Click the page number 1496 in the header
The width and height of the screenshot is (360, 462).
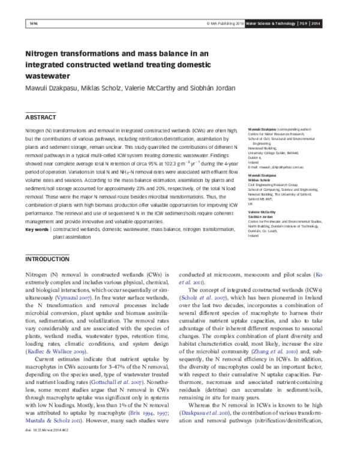click(x=33, y=23)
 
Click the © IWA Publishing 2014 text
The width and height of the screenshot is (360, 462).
click(x=220, y=23)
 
